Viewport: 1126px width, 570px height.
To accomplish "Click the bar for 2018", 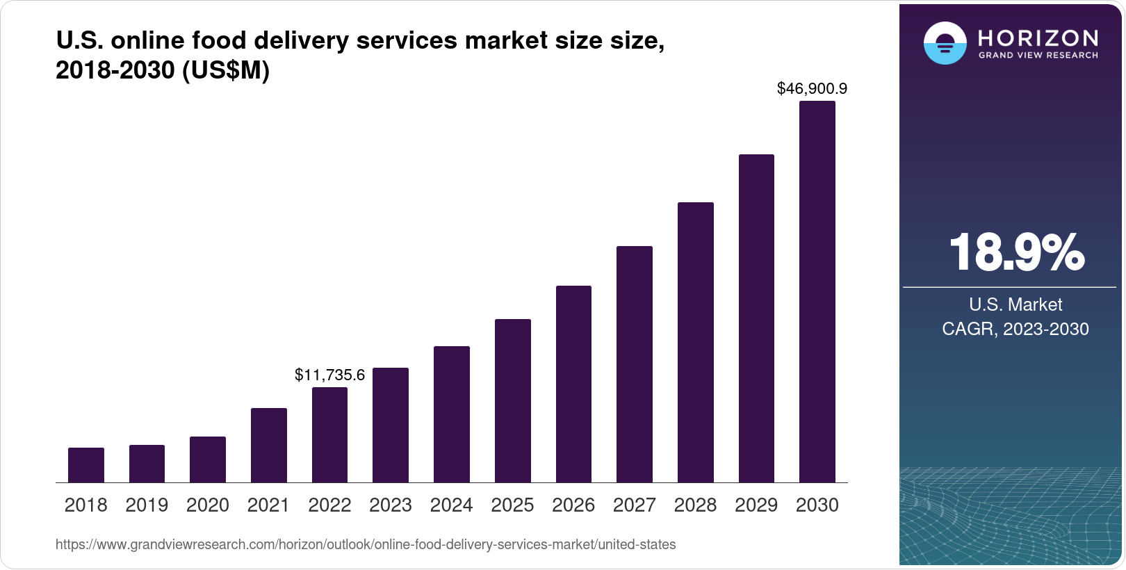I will pyautogui.click(x=86, y=465).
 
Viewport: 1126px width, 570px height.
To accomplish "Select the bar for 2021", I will pyautogui.click(x=269, y=445).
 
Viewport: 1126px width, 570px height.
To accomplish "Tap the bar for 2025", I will pyautogui.click(x=513, y=400).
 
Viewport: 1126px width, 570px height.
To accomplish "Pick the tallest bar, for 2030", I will pyautogui.click(x=817, y=292).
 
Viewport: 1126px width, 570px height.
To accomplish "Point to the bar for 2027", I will pyautogui.click(x=635, y=364).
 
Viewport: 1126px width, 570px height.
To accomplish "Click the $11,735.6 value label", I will pyautogui.click(x=329, y=375).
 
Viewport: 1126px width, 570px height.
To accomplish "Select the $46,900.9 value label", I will pyautogui.click(x=812, y=89).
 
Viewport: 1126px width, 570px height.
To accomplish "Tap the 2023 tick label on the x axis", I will pyautogui.click(x=391, y=505).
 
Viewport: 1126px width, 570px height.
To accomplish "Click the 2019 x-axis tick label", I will pyautogui.click(x=147, y=505).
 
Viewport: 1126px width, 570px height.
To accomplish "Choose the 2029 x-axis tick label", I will pyautogui.click(x=756, y=505).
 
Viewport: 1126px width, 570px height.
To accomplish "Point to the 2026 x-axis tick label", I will pyautogui.click(x=573, y=505).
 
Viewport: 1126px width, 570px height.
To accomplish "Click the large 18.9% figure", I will pyautogui.click(x=1015, y=252).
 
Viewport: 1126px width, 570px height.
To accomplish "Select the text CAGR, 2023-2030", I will pyautogui.click(x=1015, y=329).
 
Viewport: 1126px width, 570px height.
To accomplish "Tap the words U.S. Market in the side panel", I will pyautogui.click(x=1015, y=304).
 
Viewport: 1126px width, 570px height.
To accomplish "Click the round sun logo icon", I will pyautogui.click(x=945, y=43).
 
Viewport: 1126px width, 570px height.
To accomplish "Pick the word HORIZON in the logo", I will pyautogui.click(x=1038, y=38).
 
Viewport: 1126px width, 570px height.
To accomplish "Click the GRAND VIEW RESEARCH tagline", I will pyautogui.click(x=1038, y=55).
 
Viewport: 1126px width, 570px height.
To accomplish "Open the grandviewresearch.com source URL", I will pyautogui.click(x=366, y=544).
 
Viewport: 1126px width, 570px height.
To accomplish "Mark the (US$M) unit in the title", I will pyautogui.click(x=225, y=71).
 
